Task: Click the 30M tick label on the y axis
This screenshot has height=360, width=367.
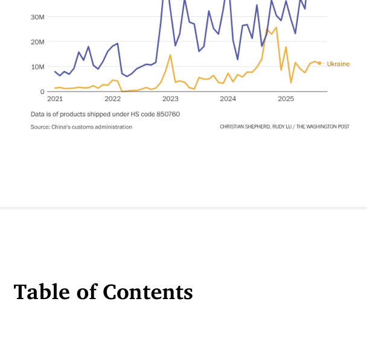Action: [37, 17]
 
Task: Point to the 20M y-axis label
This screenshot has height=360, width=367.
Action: [37, 42]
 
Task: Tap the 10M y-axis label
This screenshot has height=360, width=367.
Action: [37, 67]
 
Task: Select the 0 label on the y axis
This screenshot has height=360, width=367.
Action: [42, 92]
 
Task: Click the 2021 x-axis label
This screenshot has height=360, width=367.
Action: [55, 99]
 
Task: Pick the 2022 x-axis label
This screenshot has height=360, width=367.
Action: [112, 99]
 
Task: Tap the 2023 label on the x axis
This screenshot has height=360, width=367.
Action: [170, 99]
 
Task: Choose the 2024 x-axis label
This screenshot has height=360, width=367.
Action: [228, 99]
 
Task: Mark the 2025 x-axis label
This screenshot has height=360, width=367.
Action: [286, 99]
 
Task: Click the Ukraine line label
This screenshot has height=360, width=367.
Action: [338, 64]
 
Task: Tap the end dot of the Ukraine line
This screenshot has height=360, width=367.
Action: [319, 63]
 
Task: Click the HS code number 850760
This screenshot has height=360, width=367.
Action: [169, 114]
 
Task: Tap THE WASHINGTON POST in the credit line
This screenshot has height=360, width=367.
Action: [322, 127]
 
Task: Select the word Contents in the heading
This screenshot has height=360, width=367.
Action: [148, 292]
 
